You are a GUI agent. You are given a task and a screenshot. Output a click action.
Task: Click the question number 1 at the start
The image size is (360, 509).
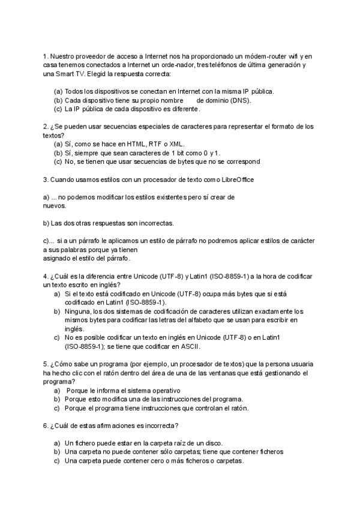click(x=46, y=56)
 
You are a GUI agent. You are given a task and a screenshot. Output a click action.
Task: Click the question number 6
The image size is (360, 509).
click(x=46, y=426)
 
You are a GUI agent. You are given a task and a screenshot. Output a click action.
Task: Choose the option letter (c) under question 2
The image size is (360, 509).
click(x=58, y=161)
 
